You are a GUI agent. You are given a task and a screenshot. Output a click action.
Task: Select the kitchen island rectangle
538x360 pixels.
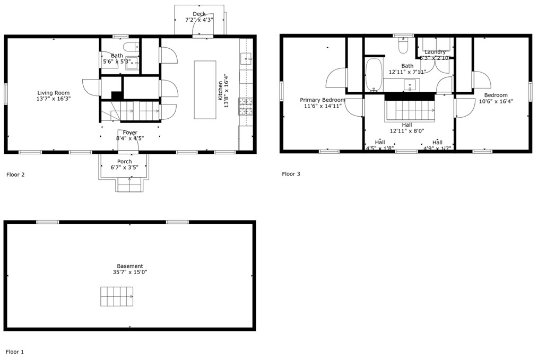[205, 90]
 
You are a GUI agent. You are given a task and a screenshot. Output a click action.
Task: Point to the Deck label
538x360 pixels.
[199, 14]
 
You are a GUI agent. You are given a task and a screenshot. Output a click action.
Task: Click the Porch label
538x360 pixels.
[125, 162]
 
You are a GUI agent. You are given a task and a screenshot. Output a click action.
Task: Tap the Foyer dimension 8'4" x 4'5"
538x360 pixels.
[130, 139]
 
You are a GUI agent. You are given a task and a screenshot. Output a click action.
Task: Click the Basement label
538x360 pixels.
[130, 266]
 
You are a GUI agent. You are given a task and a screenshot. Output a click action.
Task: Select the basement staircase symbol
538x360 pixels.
[118, 296]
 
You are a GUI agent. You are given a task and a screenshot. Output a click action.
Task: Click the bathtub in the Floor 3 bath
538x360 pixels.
[374, 75]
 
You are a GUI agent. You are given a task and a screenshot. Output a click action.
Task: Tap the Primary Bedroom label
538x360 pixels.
[323, 100]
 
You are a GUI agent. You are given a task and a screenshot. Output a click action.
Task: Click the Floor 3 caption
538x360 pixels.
[291, 174]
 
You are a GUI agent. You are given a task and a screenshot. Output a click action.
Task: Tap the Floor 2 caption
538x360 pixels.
[15, 174]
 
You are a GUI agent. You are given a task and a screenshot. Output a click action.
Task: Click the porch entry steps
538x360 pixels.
[129, 184]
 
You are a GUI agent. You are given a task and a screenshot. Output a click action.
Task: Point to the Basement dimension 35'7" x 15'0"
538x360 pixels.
[130, 273]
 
